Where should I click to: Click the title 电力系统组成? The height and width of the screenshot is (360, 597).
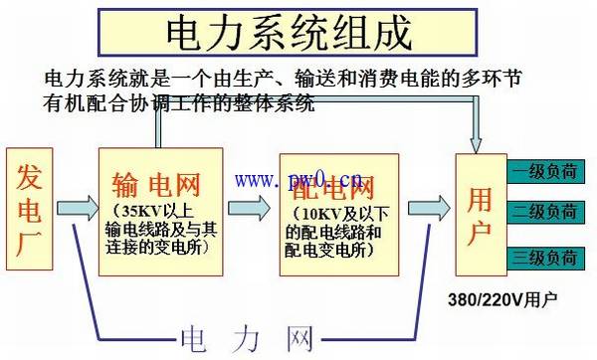pyautogui.click(x=288, y=32)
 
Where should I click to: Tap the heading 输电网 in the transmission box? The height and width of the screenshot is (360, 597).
pyautogui.click(x=158, y=185)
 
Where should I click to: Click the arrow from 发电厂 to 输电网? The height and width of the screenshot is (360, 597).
pyautogui.click(x=77, y=209)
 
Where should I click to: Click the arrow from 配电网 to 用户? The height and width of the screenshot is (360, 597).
pyautogui.click(x=427, y=207)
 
